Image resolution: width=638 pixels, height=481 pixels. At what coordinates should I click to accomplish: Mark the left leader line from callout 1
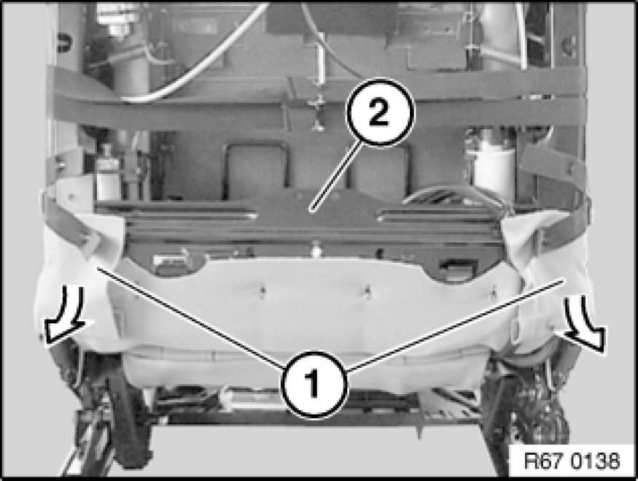190,318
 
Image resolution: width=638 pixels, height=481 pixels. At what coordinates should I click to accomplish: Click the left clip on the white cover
262,290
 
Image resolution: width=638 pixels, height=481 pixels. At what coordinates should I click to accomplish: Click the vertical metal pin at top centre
319,82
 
